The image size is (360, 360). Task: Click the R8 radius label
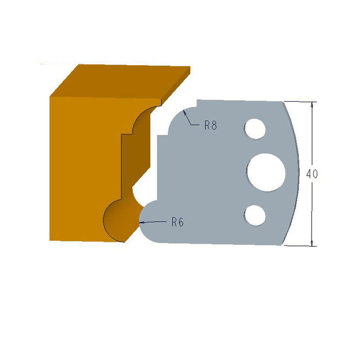(210, 125)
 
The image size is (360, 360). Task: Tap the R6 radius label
(177, 222)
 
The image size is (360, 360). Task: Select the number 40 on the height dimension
(312, 174)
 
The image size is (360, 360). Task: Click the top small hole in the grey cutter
(255, 129)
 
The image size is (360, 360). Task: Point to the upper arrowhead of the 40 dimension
(312, 105)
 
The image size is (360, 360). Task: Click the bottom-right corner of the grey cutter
(283, 244)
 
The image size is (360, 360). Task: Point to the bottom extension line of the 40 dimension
(301, 246)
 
